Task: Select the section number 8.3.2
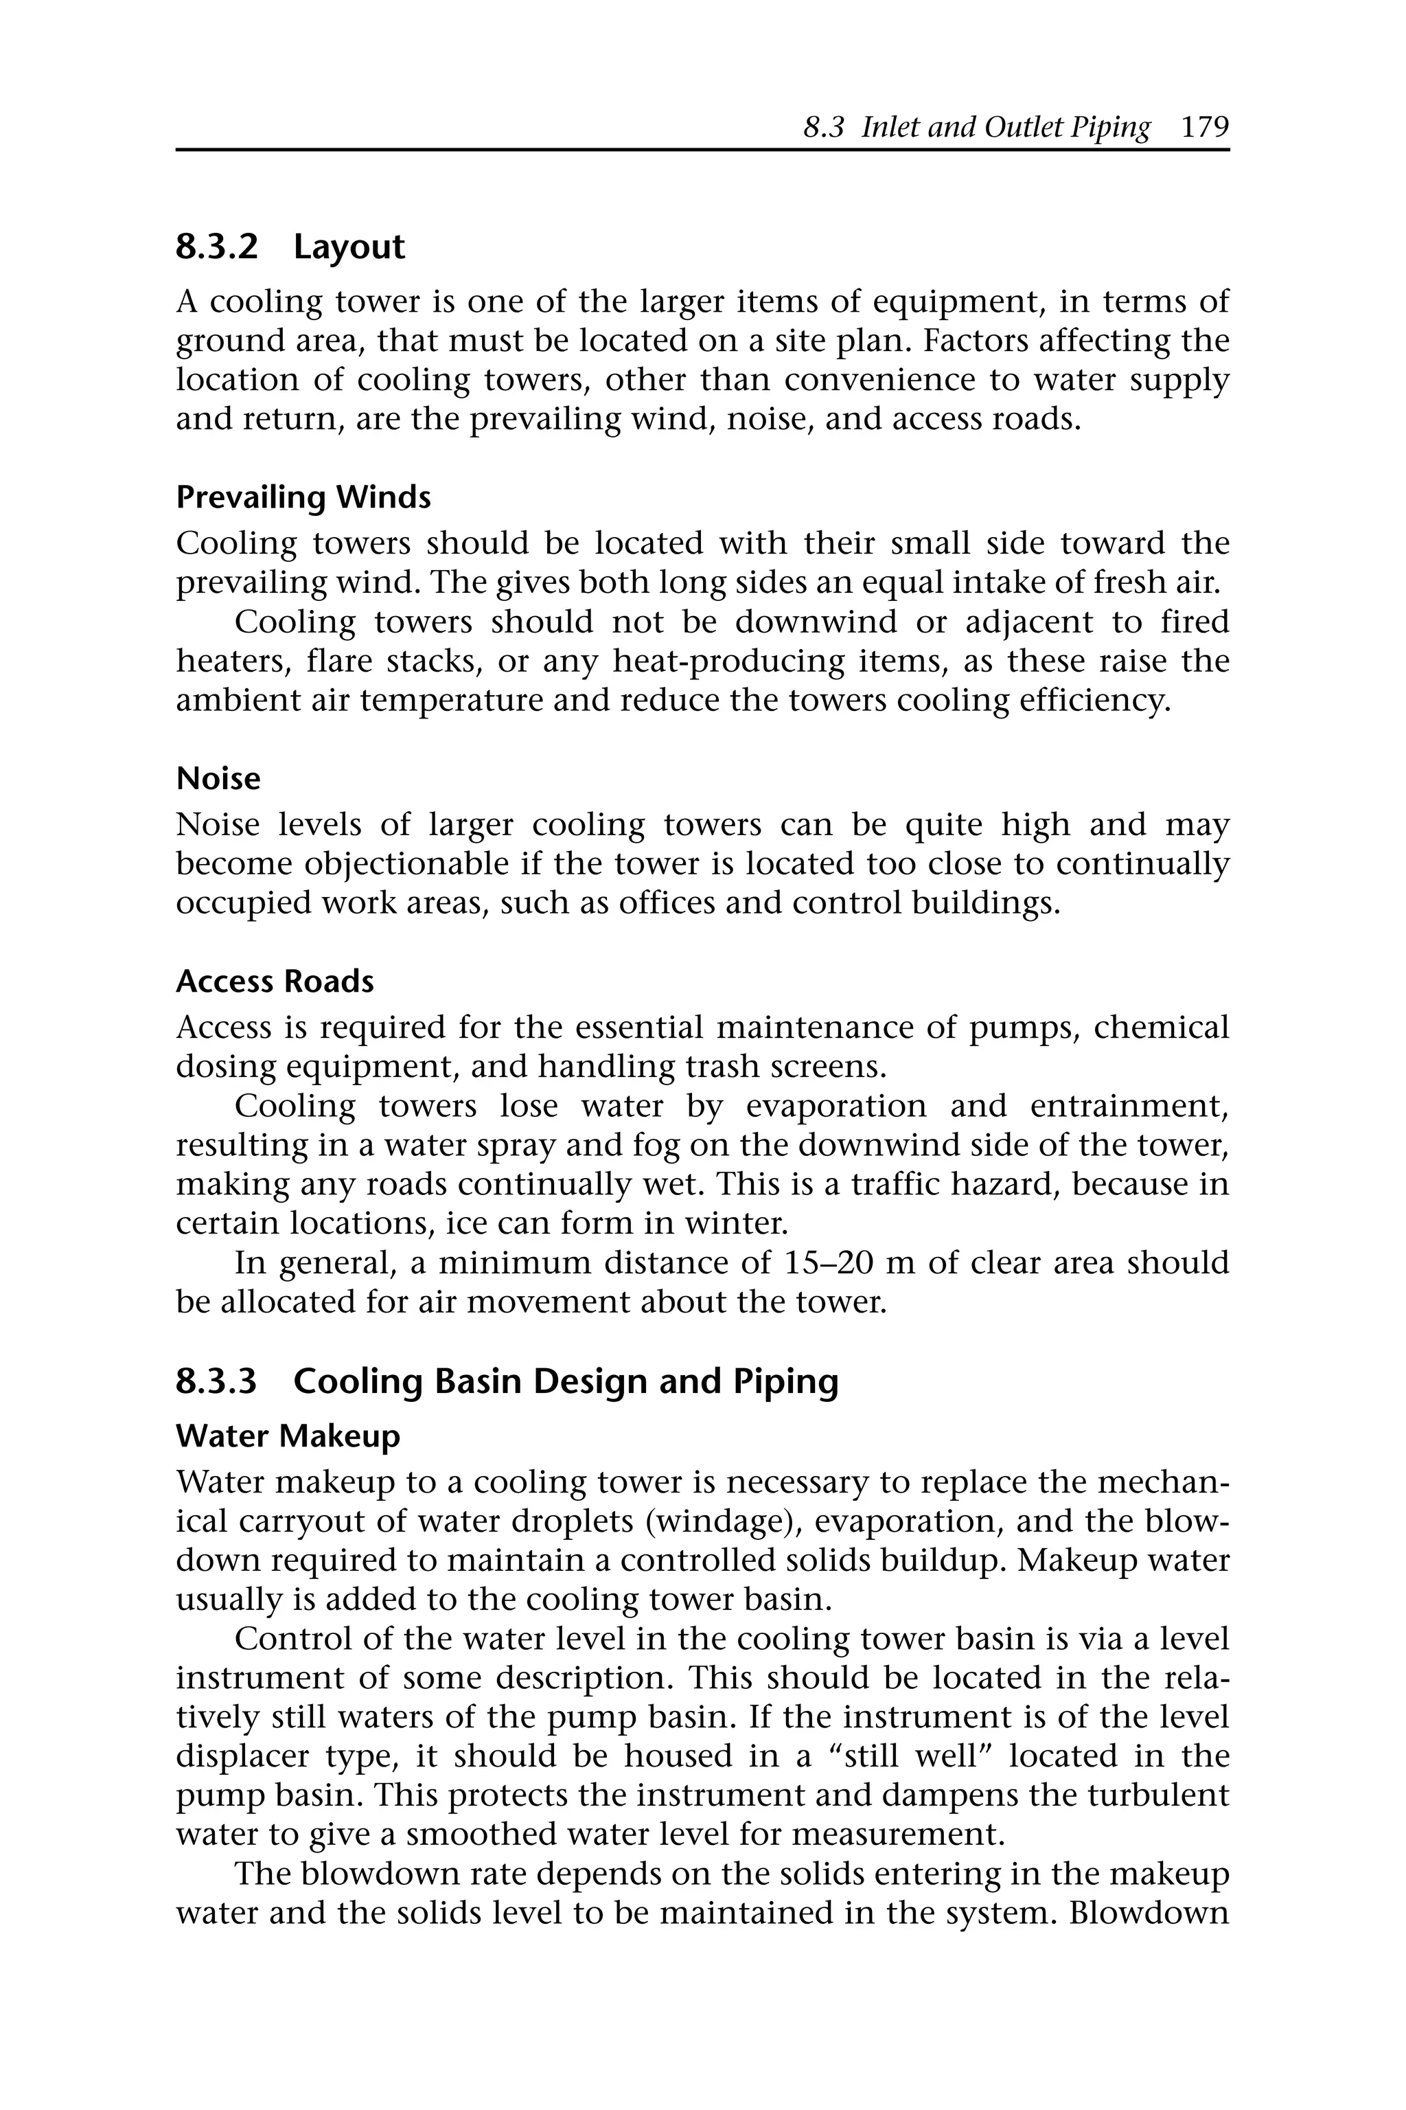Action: point(216,247)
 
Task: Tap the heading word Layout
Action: point(349,247)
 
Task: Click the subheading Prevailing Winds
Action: point(303,497)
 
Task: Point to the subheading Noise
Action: point(218,779)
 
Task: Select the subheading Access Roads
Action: point(275,982)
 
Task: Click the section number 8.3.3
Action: point(216,1381)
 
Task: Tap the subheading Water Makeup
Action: point(288,1436)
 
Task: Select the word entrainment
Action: point(1128,1106)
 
